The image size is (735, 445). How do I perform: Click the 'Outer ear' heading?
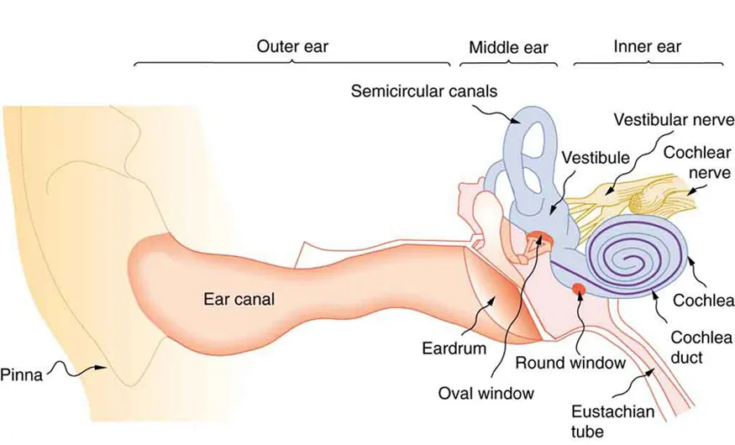[292, 47]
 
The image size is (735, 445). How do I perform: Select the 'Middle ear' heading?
[509, 47]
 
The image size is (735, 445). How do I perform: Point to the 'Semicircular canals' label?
[424, 89]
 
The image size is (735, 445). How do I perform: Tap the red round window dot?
[579, 291]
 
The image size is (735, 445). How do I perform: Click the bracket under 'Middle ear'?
[509, 64]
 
